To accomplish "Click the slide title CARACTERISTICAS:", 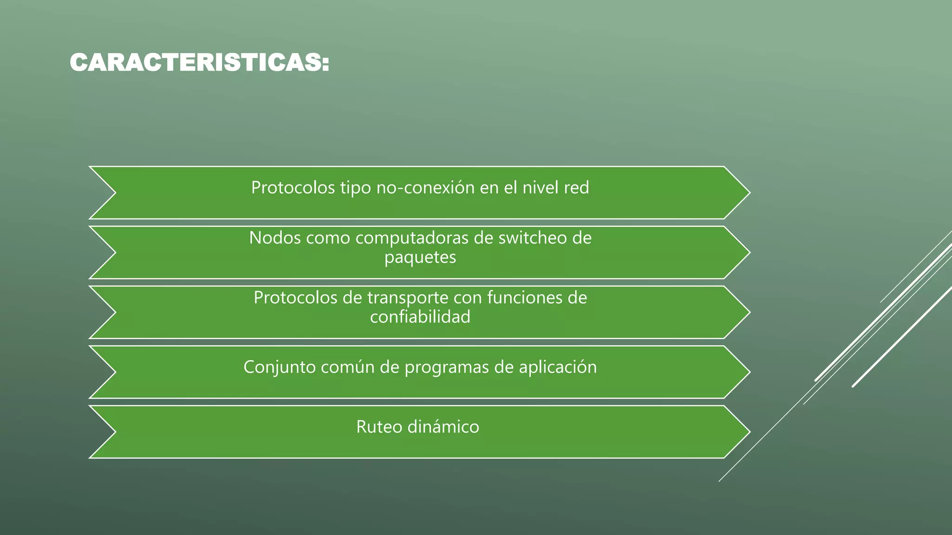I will pos(199,63).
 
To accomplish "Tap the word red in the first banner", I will pos(576,188).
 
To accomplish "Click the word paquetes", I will pos(420,257).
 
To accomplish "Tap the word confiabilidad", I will pos(420,317).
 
